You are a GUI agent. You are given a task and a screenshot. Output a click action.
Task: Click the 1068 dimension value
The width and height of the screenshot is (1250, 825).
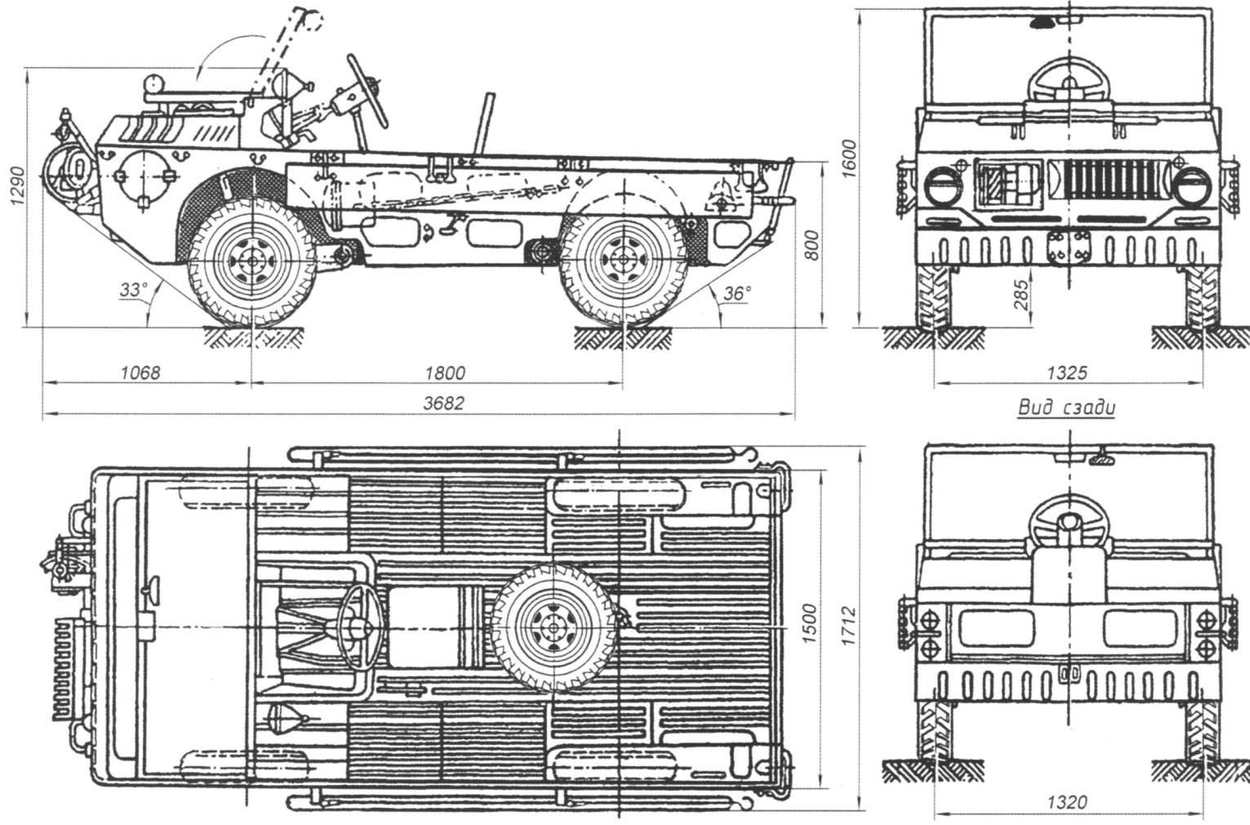point(140,372)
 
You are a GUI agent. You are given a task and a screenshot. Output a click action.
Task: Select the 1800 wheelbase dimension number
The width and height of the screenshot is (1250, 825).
point(445,372)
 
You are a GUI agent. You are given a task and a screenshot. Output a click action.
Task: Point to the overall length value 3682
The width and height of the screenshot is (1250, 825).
point(443,403)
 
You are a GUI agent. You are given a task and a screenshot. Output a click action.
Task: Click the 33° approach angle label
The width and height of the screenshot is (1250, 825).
point(133,290)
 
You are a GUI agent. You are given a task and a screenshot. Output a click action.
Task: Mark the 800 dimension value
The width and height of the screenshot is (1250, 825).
point(812,246)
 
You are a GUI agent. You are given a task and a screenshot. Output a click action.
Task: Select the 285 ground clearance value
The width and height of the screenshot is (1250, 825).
point(1019,295)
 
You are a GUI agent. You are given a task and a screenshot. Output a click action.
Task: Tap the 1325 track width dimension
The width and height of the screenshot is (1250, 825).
point(1067,372)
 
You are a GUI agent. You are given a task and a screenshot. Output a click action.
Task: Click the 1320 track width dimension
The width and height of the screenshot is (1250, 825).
point(1067,803)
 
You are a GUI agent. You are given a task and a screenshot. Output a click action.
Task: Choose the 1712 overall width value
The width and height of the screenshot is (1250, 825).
point(848,627)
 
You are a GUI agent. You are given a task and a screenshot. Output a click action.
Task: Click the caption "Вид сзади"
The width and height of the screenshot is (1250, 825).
point(1066,407)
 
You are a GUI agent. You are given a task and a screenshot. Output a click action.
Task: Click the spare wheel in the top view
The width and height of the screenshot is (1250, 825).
point(553,628)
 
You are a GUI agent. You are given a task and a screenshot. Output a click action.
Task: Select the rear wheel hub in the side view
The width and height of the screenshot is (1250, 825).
point(622,260)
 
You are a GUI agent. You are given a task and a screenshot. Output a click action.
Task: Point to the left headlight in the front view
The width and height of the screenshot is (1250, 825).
point(944,186)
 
